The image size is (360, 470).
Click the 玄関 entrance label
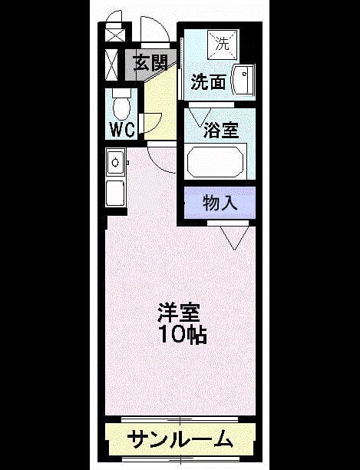150,63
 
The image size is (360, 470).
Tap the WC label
122,130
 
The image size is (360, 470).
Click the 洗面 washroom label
208,81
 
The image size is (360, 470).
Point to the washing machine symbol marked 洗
223,45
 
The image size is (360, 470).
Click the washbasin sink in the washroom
243,80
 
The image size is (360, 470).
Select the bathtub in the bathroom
216,161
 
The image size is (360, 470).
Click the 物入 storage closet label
220,203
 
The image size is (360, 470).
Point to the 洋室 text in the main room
179,313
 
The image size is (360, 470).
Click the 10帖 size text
183,334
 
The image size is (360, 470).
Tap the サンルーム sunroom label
180,439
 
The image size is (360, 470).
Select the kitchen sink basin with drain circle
115,162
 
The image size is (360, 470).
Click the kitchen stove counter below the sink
115,194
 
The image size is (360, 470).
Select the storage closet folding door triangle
235,238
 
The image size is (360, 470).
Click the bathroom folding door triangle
200,117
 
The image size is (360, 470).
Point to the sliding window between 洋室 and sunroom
180,419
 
